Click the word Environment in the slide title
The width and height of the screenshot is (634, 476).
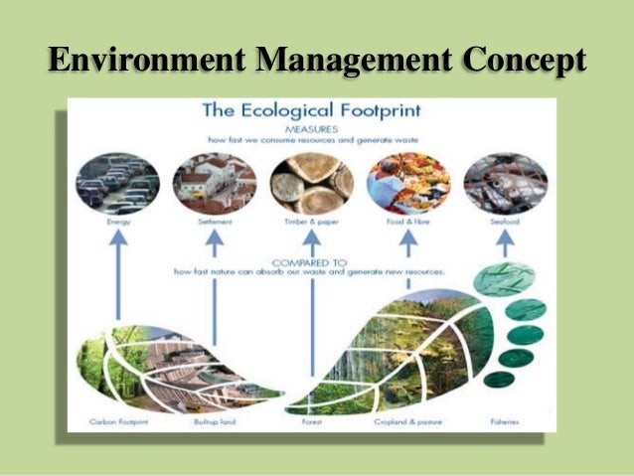(x=145, y=61)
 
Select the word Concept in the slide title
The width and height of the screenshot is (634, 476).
(x=524, y=61)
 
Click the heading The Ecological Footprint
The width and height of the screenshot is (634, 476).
(x=312, y=110)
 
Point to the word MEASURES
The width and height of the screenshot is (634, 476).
(x=311, y=128)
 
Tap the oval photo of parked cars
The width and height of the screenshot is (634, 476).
(x=117, y=183)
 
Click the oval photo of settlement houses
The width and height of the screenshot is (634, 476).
(x=214, y=183)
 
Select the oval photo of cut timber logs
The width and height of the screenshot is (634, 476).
(x=311, y=183)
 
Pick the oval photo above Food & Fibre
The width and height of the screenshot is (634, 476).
(x=408, y=183)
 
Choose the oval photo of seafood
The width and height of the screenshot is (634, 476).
(x=505, y=183)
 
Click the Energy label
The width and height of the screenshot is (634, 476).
(x=117, y=225)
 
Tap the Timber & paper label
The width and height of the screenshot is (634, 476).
(x=311, y=225)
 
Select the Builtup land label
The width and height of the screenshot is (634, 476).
(x=213, y=422)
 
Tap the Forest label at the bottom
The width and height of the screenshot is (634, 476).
(x=312, y=422)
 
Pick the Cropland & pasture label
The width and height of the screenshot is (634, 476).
(x=408, y=422)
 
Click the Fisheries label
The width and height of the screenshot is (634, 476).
(x=504, y=422)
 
